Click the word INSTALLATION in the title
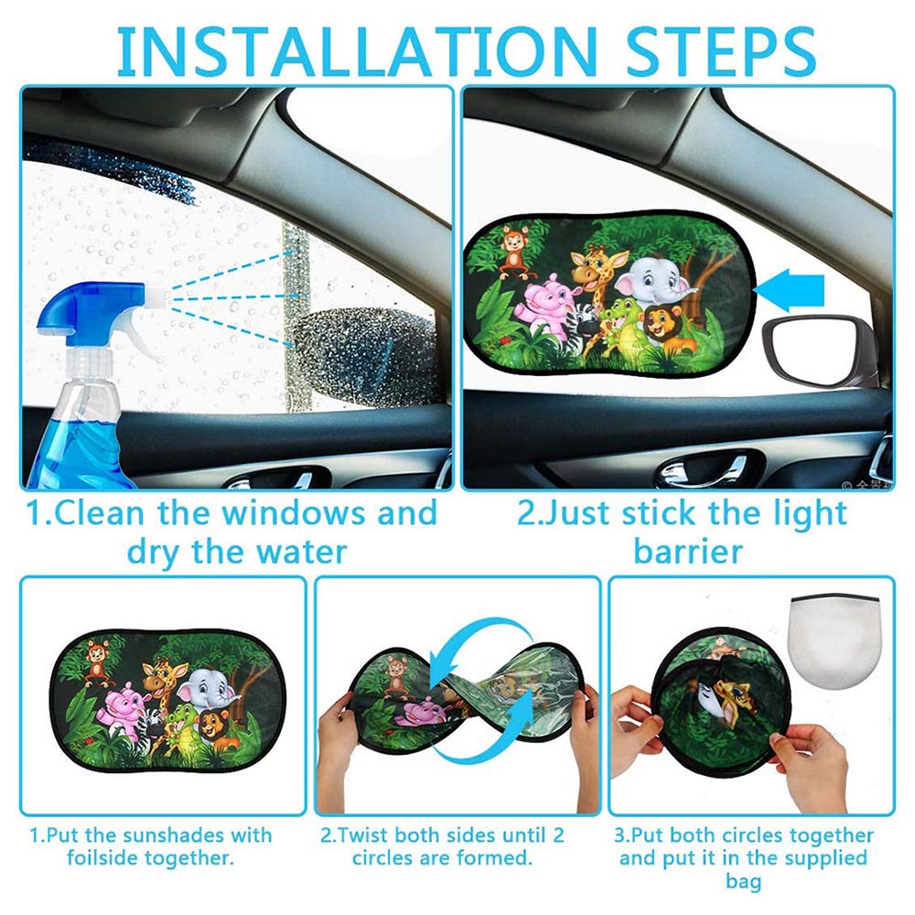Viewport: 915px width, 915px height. point(357,51)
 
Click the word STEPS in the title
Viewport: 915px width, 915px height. point(720,51)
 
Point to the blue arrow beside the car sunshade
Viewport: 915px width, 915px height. point(789,290)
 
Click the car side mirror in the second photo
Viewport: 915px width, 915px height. point(816,350)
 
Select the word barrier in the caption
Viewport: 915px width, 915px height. point(688,552)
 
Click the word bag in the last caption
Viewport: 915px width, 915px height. point(743,881)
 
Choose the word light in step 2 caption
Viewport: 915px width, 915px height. point(810,514)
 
